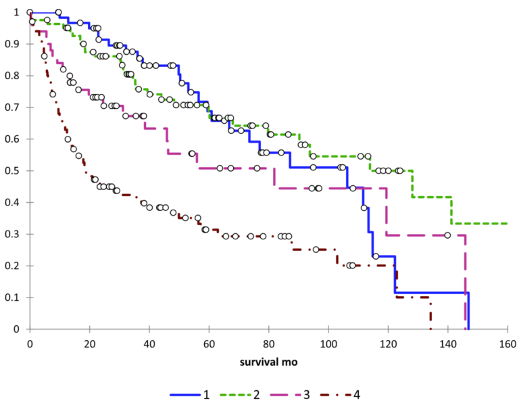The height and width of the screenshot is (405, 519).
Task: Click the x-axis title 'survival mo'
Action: (268, 362)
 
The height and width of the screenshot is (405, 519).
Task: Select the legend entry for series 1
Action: (192, 393)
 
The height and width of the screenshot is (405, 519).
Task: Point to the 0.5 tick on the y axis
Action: (16, 171)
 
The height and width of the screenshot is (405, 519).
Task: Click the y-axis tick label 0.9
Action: (16, 44)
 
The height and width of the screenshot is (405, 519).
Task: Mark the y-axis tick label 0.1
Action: (16, 297)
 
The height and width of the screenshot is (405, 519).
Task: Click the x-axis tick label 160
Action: (507, 343)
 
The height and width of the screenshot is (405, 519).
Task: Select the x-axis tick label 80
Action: (268, 343)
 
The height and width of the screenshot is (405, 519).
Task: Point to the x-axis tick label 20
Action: (89, 343)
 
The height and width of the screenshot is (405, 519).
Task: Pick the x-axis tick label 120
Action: (388, 343)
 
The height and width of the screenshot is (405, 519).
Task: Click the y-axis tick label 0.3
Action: (16, 235)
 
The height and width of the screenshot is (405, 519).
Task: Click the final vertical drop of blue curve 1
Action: (468, 311)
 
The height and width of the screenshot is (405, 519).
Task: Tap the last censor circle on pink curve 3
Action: (447, 235)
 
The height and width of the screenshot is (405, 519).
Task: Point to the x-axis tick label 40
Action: (149, 343)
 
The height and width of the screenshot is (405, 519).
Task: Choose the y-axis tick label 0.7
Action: (16, 108)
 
